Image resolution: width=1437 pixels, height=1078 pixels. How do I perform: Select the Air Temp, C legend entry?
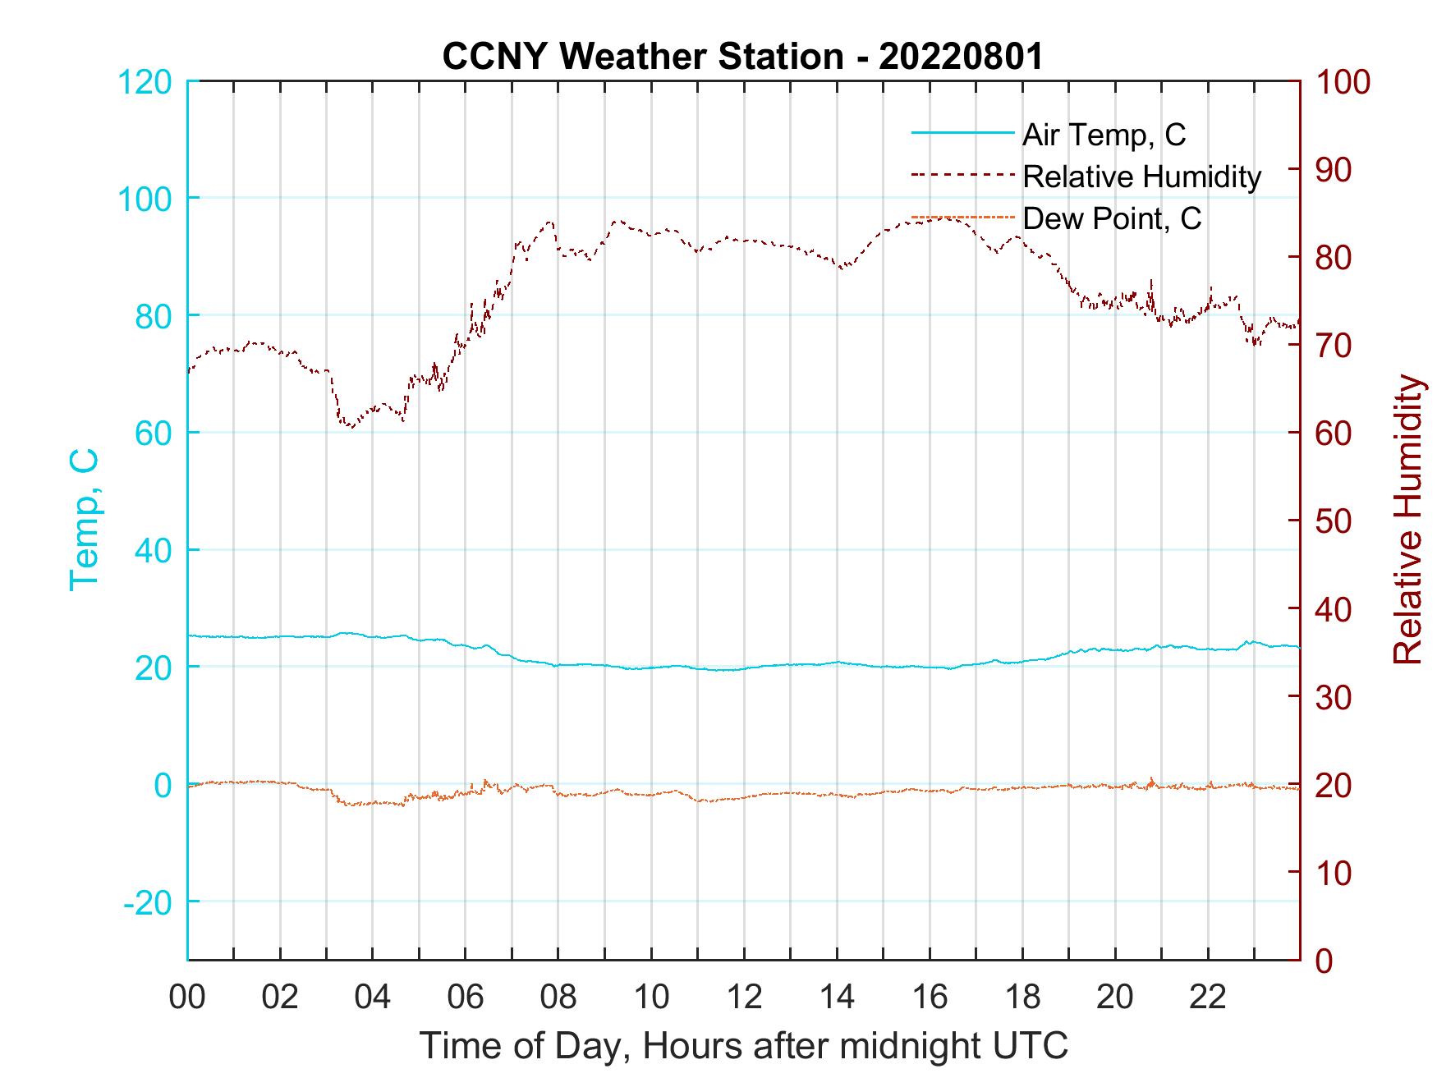coord(1103,134)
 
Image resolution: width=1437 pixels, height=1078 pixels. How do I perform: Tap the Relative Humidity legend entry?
coord(1141,177)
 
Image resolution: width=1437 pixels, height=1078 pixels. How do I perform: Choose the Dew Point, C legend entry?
coord(1111,218)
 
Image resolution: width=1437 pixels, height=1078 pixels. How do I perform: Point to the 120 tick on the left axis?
coord(145,82)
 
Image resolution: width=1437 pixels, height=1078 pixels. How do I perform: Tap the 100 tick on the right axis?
coord(1343,82)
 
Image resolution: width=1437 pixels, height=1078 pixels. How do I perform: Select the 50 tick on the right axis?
coord(1334,521)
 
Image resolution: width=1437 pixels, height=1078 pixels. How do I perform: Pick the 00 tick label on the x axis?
coord(187,998)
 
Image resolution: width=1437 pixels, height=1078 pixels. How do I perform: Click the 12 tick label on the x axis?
coord(744,998)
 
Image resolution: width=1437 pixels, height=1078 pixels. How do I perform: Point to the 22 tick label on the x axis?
coord(1208,998)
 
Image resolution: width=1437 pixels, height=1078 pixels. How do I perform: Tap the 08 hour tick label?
coord(558,998)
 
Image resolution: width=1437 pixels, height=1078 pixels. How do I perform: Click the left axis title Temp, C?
coord(85,520)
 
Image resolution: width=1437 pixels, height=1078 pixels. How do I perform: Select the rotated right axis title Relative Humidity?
coord(1407,520)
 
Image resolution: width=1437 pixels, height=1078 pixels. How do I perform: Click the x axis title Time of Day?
coord(744,1046)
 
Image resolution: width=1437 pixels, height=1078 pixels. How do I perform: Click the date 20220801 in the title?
coord(961,57)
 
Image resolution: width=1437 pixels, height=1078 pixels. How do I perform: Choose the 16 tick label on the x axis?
coord(930,998)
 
